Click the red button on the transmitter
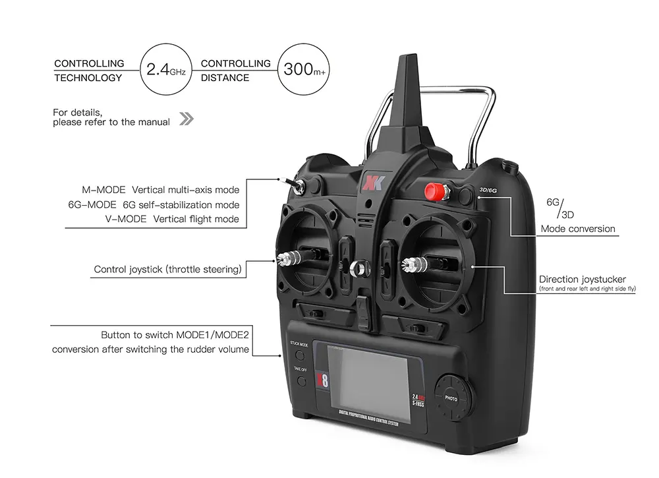pos(432,192)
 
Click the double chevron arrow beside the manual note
pos(186,119)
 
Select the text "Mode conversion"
pos(578,229)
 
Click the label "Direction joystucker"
pos(583,280)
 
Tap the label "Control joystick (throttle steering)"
pos(167,269)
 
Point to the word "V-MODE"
pos(126,219)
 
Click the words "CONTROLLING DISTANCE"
pos(235,71)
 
